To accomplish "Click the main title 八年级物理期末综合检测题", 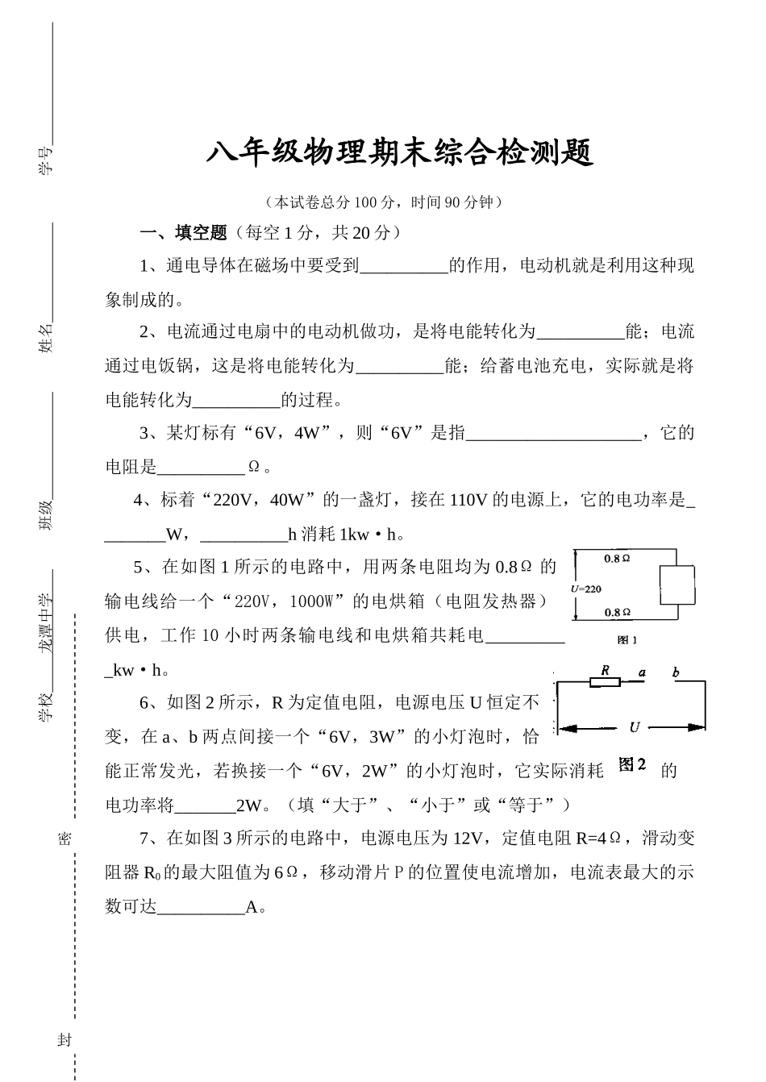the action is point(400,153).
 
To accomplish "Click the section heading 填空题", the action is point(201,233).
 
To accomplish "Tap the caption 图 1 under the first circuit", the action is point(627,640).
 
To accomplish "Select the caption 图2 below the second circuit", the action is point(632,764).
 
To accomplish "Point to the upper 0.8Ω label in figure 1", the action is point(617,559).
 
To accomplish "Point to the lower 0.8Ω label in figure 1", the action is point(618,613).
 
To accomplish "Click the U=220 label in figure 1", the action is point(586,589).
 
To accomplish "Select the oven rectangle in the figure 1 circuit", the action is point(677,585).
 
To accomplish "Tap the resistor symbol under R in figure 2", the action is point(606,681).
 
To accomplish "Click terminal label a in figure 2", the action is point(642,672).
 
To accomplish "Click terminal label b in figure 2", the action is point(676,672).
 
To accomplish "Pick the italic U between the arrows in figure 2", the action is point(635,727).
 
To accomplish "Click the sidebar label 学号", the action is point(45,160).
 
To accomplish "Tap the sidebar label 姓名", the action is point(45,338).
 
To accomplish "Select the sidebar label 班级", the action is point(45,515).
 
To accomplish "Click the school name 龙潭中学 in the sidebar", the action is point(45,622).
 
